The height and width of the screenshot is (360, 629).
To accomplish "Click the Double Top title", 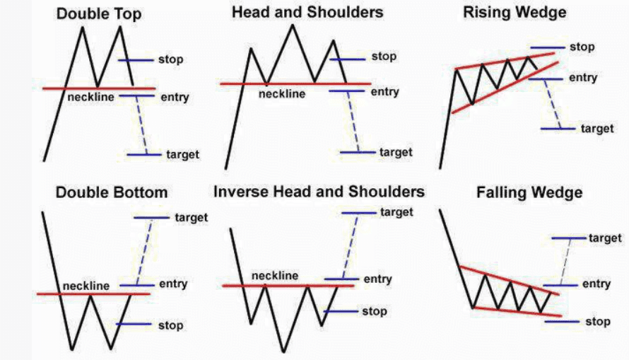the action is tap(99, 14).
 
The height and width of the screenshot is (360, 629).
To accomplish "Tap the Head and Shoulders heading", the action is tap(307, 12).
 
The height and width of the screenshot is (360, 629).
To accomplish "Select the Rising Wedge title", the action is tap(515, 13).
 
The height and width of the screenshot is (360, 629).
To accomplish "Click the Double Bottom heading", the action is tap(112, 192).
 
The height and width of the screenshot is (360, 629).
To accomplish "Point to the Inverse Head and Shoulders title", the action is tap(319, 192).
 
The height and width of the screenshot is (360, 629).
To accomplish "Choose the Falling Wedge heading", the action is tap(529, 192).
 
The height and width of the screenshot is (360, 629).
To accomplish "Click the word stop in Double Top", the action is tap(171, 59).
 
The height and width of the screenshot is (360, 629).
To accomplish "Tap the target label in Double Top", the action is tap(182, 154).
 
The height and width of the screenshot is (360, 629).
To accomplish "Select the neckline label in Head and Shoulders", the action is tap(282, 94).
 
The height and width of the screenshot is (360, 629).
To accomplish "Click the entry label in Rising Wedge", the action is tap(583, 78).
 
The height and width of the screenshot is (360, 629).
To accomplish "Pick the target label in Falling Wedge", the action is tap(606, 238).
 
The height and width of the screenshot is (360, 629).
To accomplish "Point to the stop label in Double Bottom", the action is tap(171, 325).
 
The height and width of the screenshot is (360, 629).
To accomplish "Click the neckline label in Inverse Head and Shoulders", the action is tap(275, 276).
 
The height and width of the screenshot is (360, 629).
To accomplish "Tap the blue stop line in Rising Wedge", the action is tap(548, 48).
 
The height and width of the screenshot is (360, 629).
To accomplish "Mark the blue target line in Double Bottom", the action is tap(152, 218).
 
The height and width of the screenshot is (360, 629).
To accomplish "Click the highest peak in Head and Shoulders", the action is tap(293, 25).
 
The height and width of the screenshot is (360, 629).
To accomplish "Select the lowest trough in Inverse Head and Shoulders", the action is tap(284, 352).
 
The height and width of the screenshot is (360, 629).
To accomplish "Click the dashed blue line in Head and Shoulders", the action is tap(353, 122).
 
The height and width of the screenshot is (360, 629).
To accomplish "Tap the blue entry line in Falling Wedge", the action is tap(561, 285).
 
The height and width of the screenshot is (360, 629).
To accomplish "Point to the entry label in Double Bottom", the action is tap(173, 284).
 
